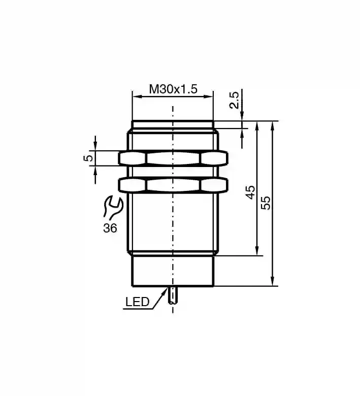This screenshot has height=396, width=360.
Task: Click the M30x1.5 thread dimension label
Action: tap(173, 89)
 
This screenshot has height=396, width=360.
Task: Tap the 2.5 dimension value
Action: tap(234, 100)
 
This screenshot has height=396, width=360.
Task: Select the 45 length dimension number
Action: tap(251, 192)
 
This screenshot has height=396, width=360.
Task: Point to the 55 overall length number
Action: tap(266, 203)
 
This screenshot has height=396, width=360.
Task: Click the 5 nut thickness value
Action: tap(88, 158)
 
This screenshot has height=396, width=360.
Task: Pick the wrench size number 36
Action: tap(110, 228)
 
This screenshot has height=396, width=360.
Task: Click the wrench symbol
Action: tap(113, 207)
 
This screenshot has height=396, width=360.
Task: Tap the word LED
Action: tap(138, 302)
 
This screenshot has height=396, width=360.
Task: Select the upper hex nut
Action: tap(173, 158)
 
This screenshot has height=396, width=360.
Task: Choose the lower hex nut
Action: tap(173, 185)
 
